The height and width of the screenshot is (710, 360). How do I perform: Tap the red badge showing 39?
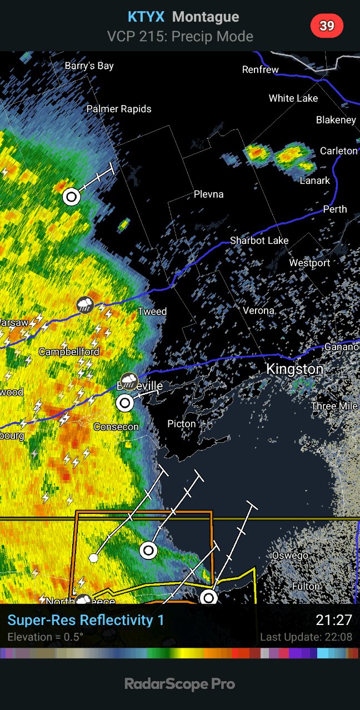click(x=327, y=26)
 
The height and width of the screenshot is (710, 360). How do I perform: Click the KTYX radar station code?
click(x=146, y=17)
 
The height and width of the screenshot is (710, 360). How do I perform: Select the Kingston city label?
click(x=294, y=369)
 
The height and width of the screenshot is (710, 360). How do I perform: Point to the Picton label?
click(x=182, y=424)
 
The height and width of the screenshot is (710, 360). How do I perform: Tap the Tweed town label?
click(x=152, y=311)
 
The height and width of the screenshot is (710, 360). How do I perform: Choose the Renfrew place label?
click(x=260, y=69)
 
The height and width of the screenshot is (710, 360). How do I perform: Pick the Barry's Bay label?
click(x=89, y=66)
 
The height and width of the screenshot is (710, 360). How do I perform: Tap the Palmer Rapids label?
click(x=119, y=109)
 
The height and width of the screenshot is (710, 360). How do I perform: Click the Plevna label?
click(x=209, y=194)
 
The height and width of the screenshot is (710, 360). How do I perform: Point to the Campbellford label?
click(x=69, y=352)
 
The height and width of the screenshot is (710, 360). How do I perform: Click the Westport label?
click(x=309, y=263)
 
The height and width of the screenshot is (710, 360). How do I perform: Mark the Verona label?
click(x=259, y=311)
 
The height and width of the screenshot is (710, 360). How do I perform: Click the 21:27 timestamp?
click(x=334, y=620)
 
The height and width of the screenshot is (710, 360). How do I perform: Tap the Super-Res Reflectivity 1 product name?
click(x=86, y=620)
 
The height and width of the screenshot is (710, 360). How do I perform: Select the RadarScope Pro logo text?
click(x=180, y=684)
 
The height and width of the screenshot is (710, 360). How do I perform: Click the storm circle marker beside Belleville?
click(x=126, y=403)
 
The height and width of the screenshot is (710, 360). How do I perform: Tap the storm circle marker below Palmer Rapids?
click(x=71, y=196)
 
